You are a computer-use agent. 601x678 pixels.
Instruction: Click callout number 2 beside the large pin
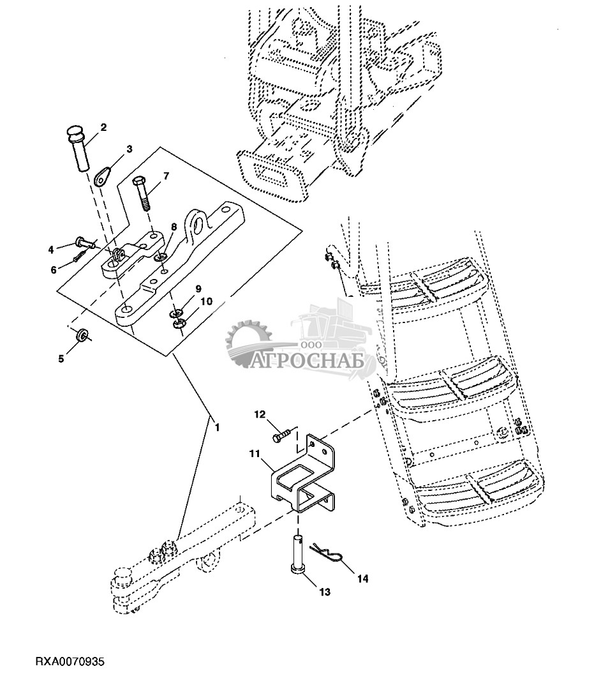(103, 128)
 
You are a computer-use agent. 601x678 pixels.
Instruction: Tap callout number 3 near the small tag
(129, 149)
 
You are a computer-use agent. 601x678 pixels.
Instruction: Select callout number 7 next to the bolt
(166, 176)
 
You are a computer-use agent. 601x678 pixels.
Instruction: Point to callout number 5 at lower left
(61, 358)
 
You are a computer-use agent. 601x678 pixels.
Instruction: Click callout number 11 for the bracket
(255, 454)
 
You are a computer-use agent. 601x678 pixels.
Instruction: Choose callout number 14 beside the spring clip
(362, 579)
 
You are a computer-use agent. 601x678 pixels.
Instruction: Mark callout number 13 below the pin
(325, 592)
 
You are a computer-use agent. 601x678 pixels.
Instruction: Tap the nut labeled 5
(82, 336)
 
